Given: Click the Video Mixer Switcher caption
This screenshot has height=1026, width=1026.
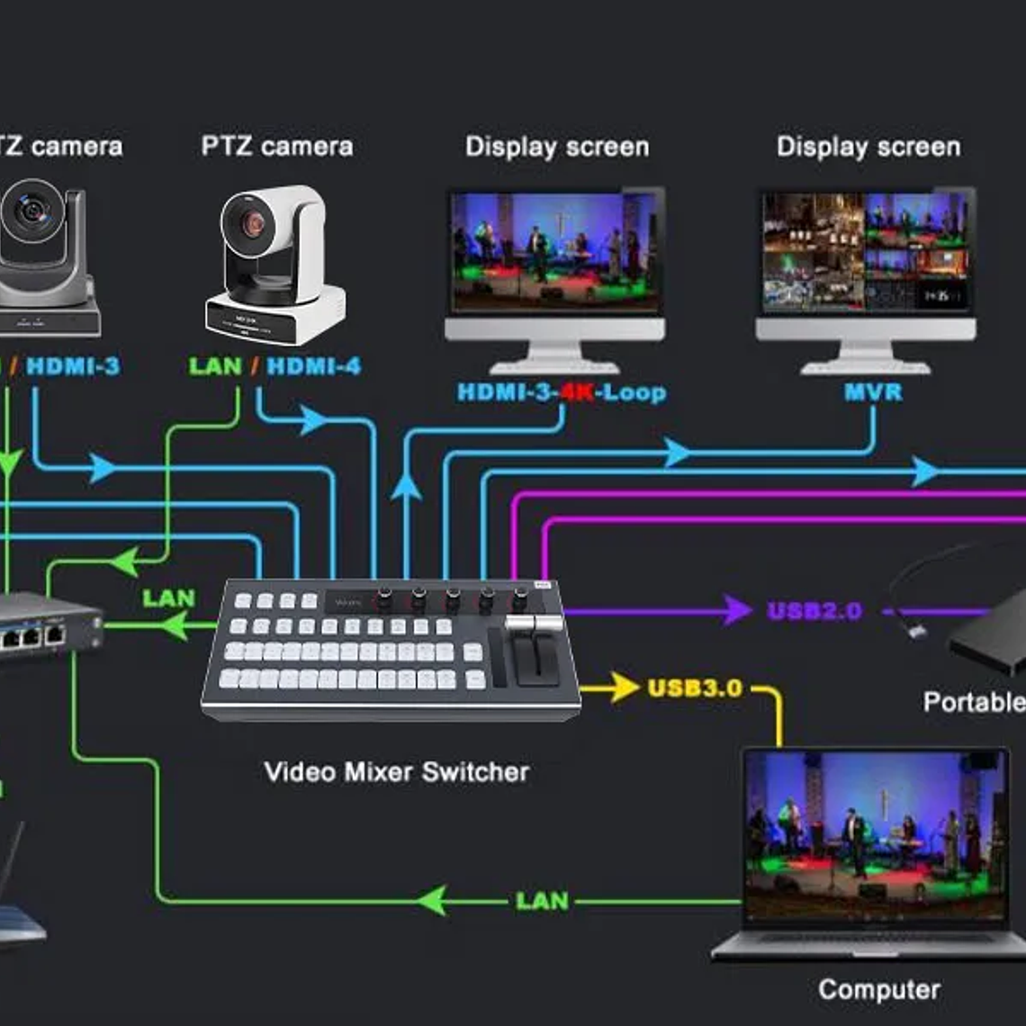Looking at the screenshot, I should point(396,772).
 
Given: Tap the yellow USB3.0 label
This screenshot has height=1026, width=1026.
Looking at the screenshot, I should point(695,688).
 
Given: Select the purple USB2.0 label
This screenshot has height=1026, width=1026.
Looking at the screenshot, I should point(814,612).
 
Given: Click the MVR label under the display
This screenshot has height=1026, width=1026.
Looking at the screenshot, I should point(872,392).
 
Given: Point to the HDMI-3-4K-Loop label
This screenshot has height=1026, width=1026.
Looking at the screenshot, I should point(562,392).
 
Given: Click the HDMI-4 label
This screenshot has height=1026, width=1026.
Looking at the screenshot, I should point(313,366).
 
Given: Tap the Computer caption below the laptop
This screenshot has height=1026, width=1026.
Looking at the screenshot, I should point(878,990).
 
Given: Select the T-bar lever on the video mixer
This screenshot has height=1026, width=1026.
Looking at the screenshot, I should point(534,623).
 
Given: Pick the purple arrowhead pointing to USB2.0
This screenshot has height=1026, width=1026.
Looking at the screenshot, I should point(736,611).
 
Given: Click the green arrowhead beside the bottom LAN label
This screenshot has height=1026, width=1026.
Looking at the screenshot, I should point(432,900).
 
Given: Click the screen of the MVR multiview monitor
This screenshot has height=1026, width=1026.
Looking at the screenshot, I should point(866,251).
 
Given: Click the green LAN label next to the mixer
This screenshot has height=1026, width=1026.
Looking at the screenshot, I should point(168,598).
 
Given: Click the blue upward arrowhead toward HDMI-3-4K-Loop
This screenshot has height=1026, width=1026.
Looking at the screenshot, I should point(406,487).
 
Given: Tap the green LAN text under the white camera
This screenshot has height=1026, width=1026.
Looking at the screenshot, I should point(215,366).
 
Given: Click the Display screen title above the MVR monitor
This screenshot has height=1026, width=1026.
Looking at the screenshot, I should point(868,147).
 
